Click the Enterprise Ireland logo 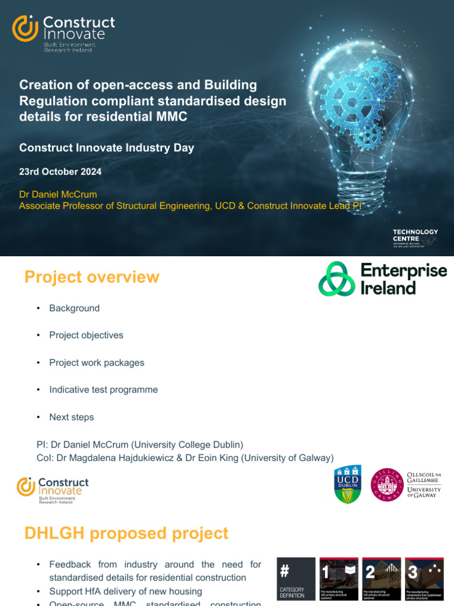(382, 279)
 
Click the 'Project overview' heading (92, 277)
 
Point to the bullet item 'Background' (74, 308)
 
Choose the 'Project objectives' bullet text (86, 336)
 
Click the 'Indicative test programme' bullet (103, 390)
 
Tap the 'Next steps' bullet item (72, 417)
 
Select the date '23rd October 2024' (60, 172)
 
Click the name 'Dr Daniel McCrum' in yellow (58, 194)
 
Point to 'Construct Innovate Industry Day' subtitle (106, 148)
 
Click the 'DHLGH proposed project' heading (126, 533)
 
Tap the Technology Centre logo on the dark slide (415, 236)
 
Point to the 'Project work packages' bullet (97, 363)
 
